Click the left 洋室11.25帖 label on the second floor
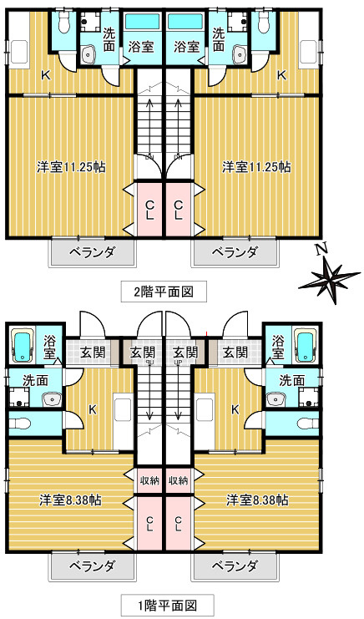coord(71,166)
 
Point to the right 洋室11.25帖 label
coord(256,166)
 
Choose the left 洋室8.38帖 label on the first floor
coord(71,500)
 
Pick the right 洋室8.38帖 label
coord(257,500)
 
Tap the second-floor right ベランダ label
coord(234,252)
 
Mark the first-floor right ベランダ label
coord(234,566)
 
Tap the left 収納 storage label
coord(149,480)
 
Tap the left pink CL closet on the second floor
coord(149,209)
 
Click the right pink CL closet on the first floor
coord(179,524)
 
